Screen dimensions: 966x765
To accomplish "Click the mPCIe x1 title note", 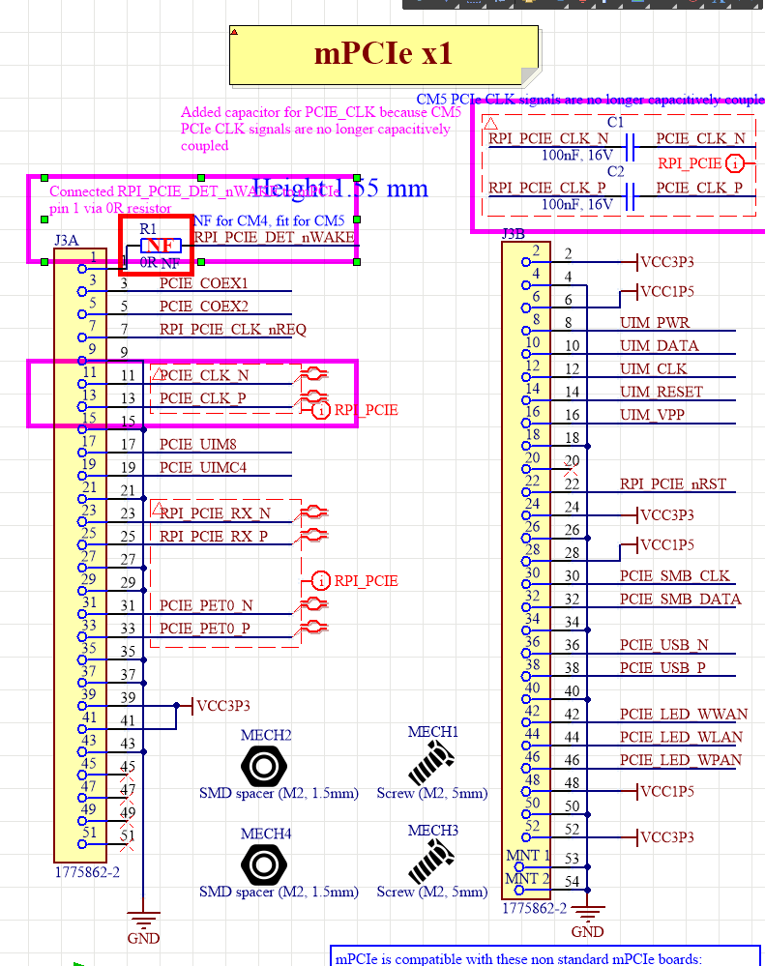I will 383,54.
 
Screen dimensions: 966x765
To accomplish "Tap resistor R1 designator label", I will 147,228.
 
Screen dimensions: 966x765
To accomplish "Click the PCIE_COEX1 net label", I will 203,283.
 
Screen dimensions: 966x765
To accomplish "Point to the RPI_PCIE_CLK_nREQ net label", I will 232,330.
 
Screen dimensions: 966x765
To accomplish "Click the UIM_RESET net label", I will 662,393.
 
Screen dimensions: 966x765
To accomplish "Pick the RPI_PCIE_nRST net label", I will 673,484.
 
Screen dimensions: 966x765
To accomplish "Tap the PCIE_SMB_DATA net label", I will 680,600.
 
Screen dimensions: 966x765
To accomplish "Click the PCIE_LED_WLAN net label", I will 681,737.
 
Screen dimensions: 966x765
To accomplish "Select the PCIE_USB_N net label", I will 662,645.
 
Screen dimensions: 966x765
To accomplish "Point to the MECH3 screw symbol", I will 431,860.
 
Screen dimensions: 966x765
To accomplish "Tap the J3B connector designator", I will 513,233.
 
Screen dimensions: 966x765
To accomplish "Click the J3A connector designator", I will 66,239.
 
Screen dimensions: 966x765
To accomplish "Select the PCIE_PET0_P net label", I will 204,629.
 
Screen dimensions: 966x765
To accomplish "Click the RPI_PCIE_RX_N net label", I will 215,513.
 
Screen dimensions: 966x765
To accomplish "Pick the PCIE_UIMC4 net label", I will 203,468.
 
